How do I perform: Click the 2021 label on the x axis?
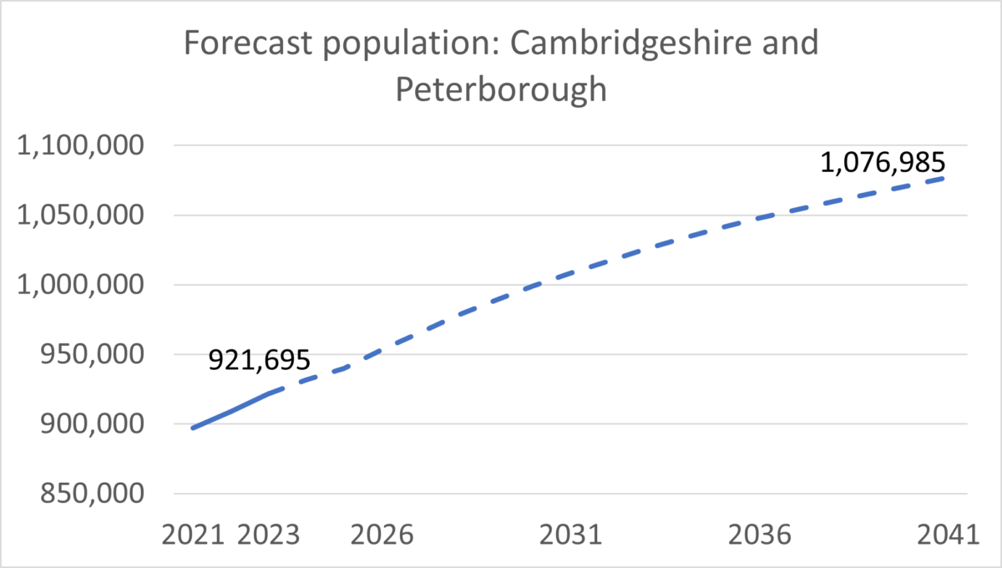194,534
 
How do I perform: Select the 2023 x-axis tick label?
268,534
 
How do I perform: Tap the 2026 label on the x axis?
382,534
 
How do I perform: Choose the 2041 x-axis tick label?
947,534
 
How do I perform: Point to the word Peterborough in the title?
501,89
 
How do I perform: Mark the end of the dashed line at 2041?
945,177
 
